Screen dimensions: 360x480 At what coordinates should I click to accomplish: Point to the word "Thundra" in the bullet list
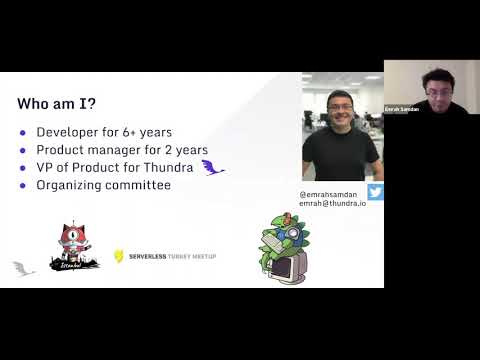(169, 168)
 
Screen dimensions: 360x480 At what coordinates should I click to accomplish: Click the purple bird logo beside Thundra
(212, 167)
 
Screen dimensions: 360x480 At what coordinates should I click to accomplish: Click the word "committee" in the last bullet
(141, 185)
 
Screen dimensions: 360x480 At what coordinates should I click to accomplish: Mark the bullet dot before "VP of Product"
(24, 168)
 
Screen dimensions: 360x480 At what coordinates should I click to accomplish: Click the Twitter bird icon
(375, 192)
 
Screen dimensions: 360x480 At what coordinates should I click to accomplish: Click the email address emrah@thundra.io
(333, 203)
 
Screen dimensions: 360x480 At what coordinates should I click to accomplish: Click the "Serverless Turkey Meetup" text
(171, 256)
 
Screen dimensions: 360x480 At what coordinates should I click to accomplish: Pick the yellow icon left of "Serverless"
(119, 256)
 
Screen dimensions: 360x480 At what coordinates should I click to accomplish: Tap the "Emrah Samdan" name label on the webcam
(402, 108)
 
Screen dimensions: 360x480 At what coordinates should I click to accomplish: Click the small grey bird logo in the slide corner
(22, 268)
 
